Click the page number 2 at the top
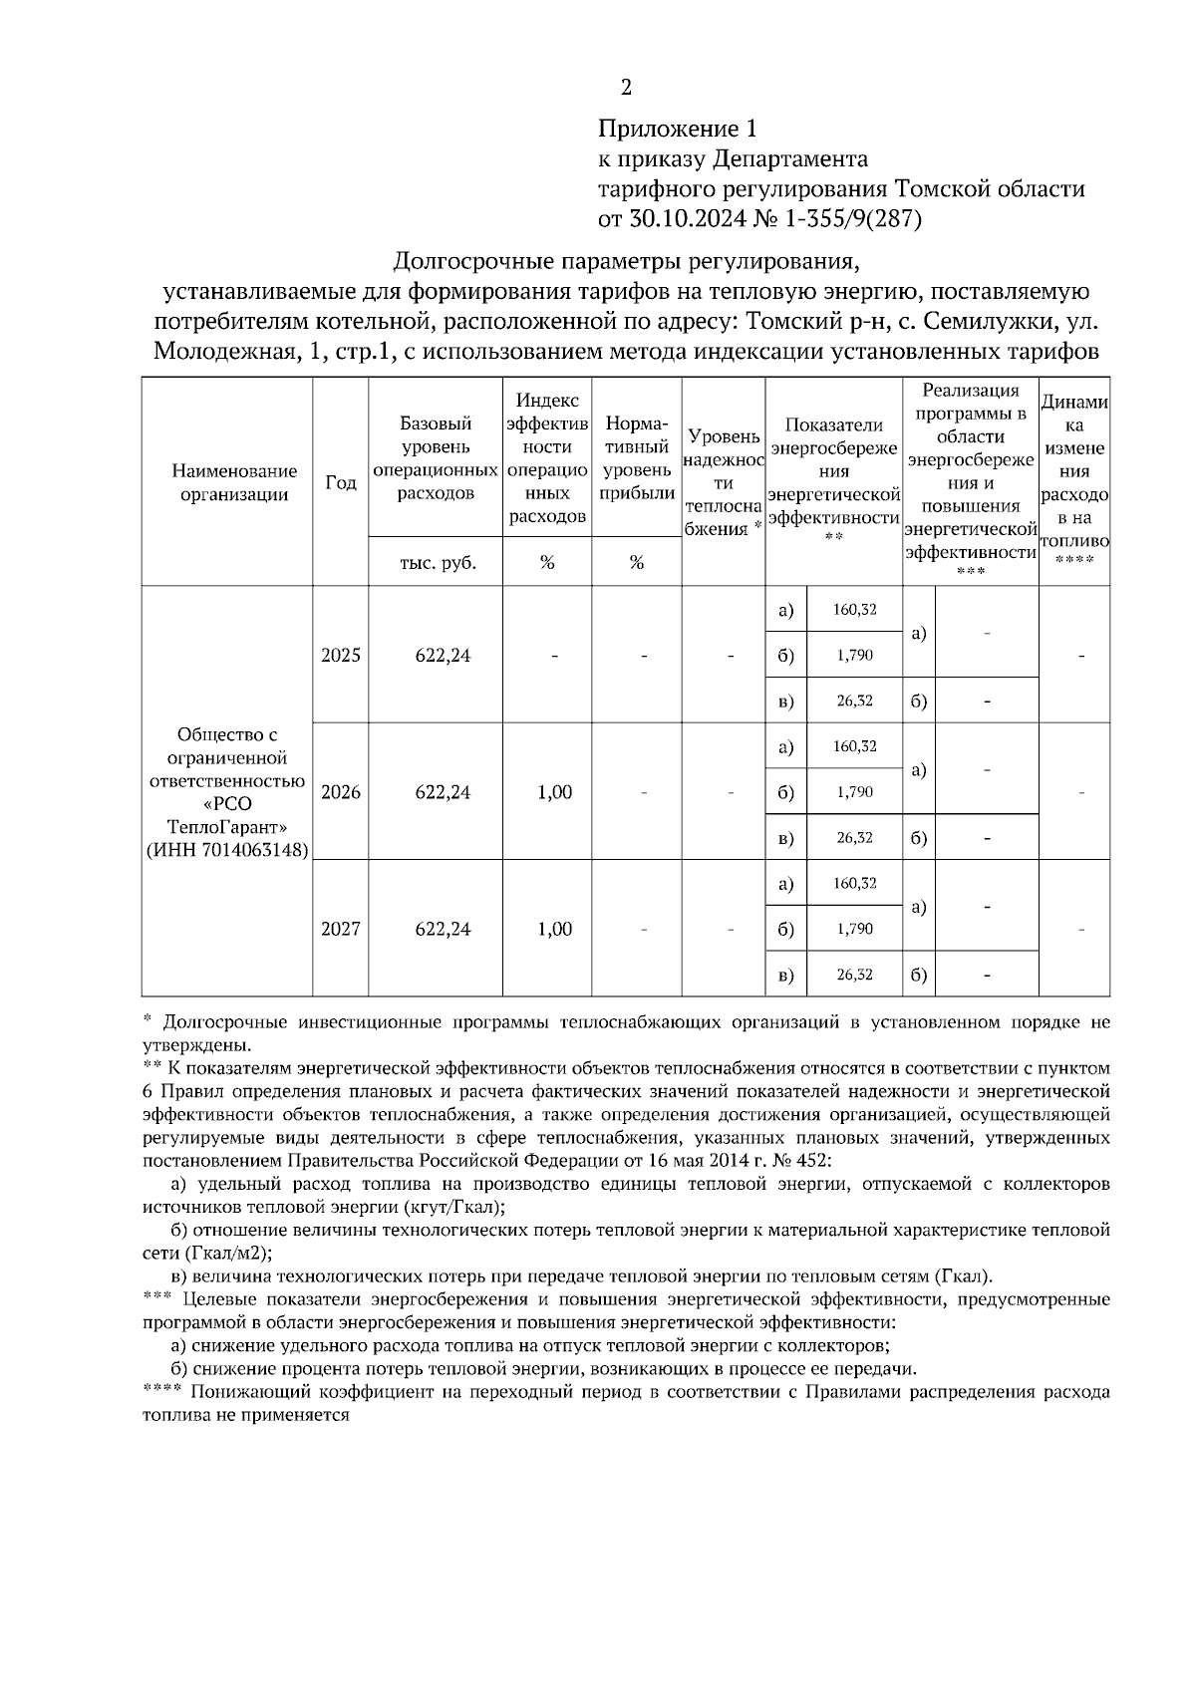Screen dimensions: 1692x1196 [x=626, y=89]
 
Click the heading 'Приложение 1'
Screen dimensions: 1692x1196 [x=677, y=129]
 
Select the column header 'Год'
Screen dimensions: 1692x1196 [x=341, y=482]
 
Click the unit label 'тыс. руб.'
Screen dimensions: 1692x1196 [x=437, y=563]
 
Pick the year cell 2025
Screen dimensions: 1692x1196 [x=341, y=656]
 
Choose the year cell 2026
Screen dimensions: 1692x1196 [x=341, y=792]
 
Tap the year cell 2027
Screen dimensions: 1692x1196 [x=341, y=929]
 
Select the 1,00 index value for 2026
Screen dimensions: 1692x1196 [x=554, y=792]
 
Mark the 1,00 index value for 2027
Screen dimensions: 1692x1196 [x=554, y=929]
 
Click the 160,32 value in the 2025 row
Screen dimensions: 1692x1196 [x=854, y=609]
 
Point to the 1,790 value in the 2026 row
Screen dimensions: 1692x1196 [x=854, y=792]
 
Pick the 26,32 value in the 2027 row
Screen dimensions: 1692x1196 [x=854, y=975]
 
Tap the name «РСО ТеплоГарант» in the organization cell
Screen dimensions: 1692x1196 [x=227, y=816]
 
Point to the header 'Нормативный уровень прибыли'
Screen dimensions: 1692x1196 [x=636, y=458]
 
